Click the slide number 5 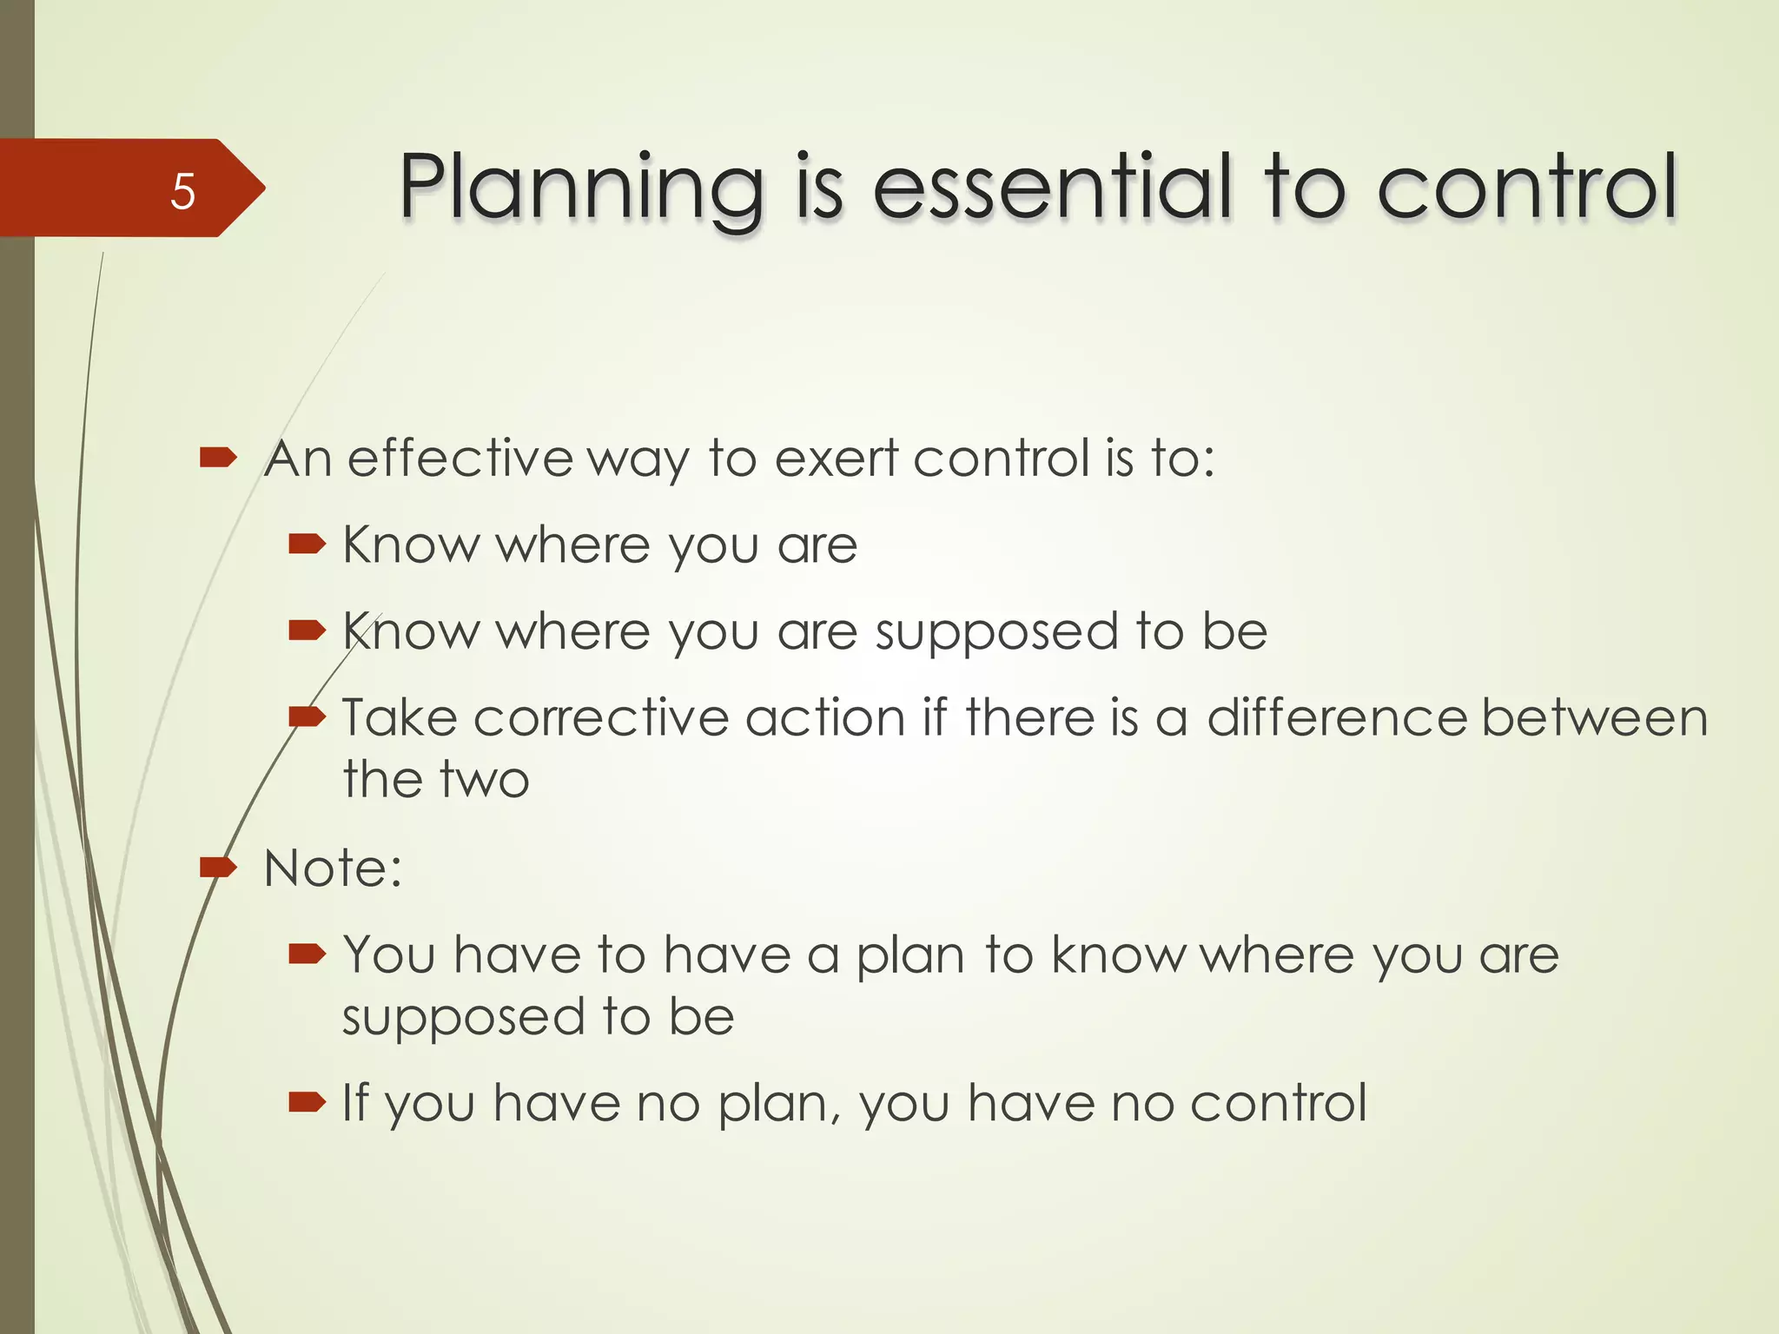(182, 190)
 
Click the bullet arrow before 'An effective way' (218, 457)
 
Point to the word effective (460, 458)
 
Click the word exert (836, 458)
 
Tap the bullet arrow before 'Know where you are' (307, 545)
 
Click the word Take (400, 718)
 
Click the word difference (1337, 718)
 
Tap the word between (1595, 718)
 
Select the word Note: (333, 868)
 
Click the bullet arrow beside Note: (218, 867)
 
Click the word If (354, 1102)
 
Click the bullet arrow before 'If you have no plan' (307, 1103)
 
